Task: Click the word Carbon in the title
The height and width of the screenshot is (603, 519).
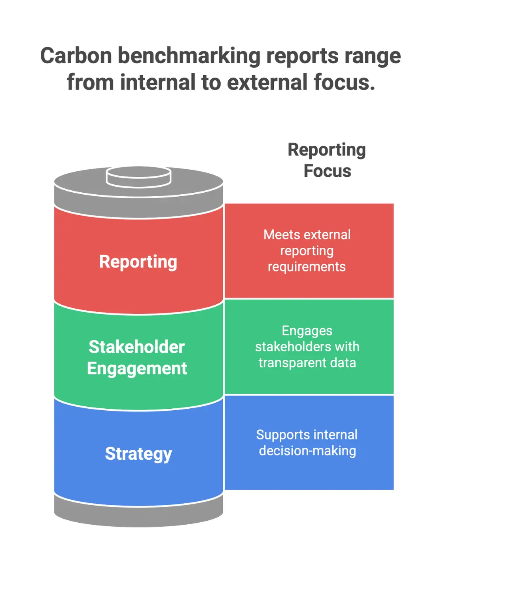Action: tap(76, 56)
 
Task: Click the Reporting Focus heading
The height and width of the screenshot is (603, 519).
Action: tap(327, 160)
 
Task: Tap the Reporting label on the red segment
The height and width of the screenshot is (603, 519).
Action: tap(138, 262)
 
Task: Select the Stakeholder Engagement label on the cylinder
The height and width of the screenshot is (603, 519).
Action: tap(137, 357)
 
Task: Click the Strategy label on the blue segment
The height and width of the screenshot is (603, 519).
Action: tap(138, 453)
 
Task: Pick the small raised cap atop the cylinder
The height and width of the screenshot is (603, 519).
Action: tap(138, 176)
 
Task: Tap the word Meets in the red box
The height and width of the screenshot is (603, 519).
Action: tap(282, 235)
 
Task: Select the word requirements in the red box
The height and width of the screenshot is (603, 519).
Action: tap(307, 267)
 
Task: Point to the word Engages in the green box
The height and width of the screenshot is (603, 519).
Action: tap(307, 330)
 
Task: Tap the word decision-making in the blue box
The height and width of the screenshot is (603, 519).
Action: tap(307, 451)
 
